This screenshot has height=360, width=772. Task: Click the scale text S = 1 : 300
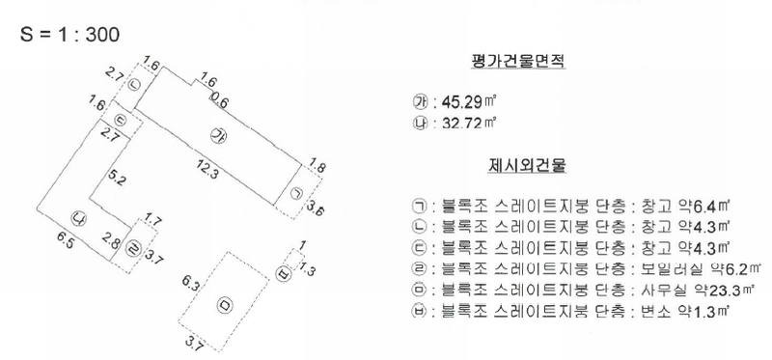pos(69,35)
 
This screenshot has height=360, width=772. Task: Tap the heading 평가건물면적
pos(518,62)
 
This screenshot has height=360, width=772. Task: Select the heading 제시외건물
pos(527,165)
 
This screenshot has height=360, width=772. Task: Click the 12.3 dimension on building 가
pos(205,169)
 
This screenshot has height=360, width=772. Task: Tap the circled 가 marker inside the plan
pos(218,135)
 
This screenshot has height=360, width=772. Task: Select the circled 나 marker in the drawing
pos(78,219)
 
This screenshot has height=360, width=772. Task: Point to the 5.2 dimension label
pos(116,178)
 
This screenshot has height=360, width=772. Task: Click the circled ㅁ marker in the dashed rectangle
pos(224,305)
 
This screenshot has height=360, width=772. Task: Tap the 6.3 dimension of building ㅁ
pos(191,284)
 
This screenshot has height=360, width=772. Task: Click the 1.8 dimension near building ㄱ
pos(317,166)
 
